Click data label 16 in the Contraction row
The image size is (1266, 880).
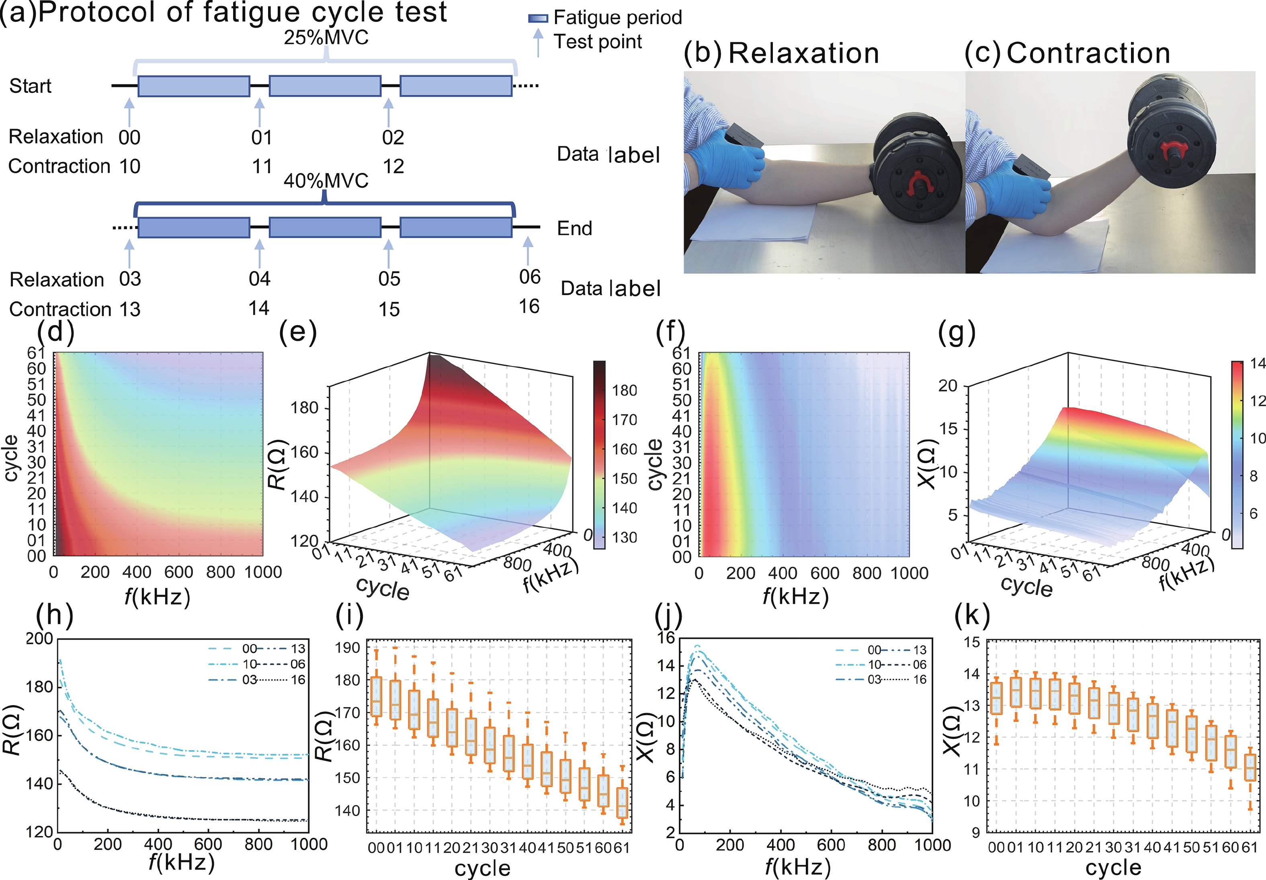(529, 307)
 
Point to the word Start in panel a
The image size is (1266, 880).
(30, 86)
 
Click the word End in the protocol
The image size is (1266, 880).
(574, 228)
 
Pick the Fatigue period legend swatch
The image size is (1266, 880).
(538, 18)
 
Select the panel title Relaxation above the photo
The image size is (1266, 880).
(803, 53)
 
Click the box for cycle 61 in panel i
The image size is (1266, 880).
(622, 802)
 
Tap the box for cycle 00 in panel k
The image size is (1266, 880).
(996, 698)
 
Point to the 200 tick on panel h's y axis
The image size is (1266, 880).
(40, 638)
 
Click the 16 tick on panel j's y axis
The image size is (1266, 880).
(666, 638)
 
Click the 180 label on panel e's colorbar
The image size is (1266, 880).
(625, 390)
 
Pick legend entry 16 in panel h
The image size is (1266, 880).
(298, 679)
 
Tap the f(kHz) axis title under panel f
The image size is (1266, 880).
(795, 596)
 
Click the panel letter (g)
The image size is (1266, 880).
(956, 332)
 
